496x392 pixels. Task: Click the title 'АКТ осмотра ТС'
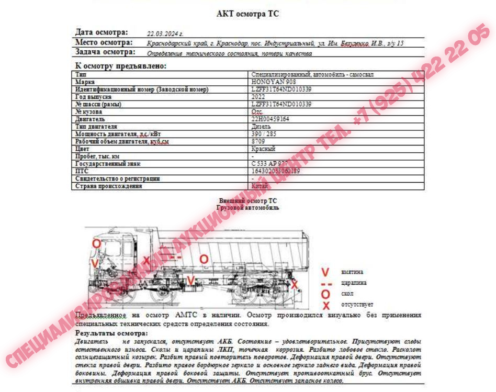tap(247, 14)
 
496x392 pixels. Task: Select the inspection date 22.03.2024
tap(165, 33)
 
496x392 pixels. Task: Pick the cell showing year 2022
tap(257, 97)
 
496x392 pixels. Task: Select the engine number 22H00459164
tap(270, 119)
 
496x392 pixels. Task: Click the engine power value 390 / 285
tap(264, 134)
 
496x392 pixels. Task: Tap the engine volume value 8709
tap(258, 141)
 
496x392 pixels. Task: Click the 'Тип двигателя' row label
tap(96, 127)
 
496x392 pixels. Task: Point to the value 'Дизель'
tap(261, 127)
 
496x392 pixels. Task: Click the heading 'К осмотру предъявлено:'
tap(121, 66)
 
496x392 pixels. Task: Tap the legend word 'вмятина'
tap(352, 272)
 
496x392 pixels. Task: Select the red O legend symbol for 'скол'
tap(325, 294)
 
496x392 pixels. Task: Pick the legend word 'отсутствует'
tap(357, 305)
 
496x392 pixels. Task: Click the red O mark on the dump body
tap(204, 259)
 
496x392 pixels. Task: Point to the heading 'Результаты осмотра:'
tap(111, 333)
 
